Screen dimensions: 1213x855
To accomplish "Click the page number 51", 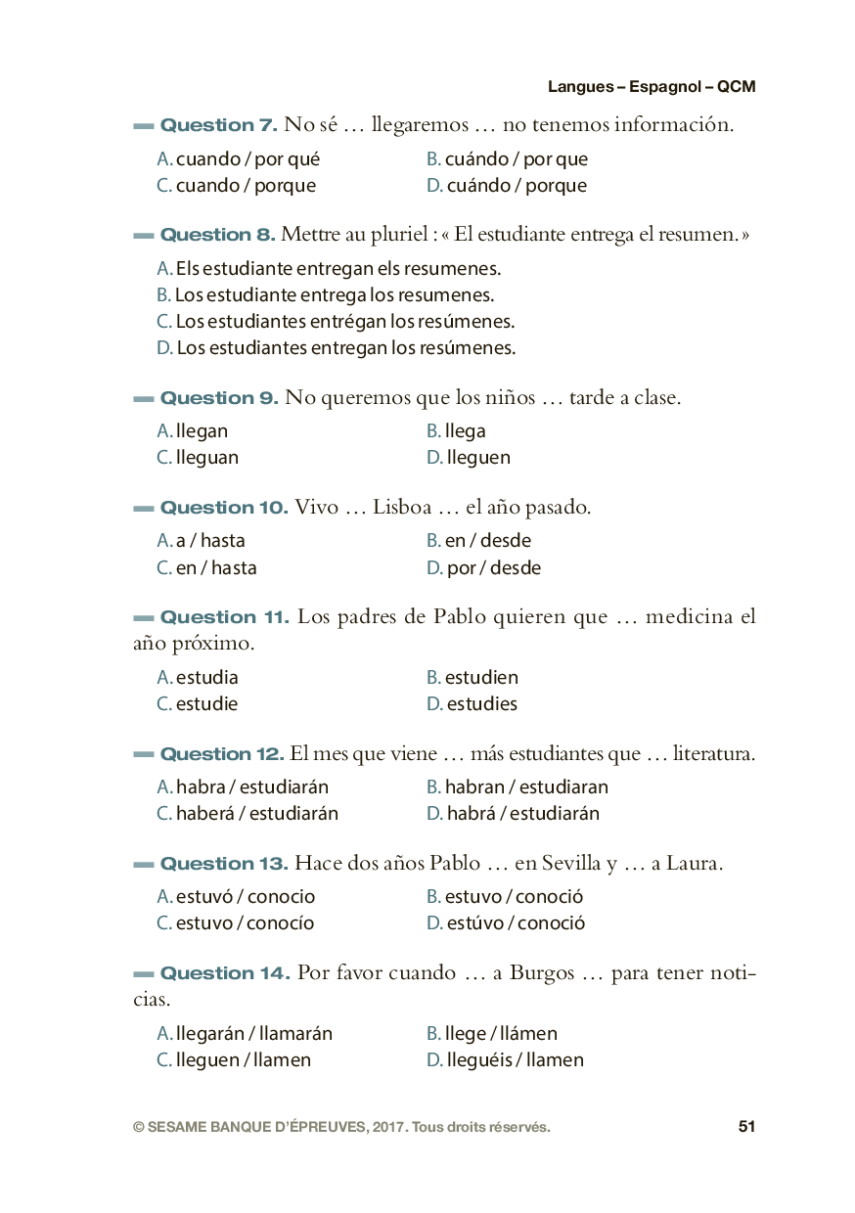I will click(746, 1127).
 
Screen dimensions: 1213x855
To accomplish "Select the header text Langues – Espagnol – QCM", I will click(651, 87).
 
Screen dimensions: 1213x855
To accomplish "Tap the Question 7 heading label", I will click(218, 125).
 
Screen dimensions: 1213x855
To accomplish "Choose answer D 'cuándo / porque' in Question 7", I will click(507, 186).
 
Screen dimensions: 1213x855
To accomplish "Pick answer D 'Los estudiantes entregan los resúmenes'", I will click(336, 348).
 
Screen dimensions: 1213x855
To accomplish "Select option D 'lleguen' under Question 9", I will click(469, 458).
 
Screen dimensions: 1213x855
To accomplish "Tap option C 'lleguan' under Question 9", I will click(198, 458).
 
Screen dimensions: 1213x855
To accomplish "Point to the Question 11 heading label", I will click(224, 617).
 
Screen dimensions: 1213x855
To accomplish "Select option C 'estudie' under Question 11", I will click(198, 704).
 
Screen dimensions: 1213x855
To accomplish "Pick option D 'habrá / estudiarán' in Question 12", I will click(514, 814).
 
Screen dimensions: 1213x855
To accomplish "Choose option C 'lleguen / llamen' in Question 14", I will click(234, 1060).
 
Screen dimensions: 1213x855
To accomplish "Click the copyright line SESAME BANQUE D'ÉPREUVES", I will click(341, 1127).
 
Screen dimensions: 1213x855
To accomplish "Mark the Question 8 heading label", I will click(218, 235).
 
